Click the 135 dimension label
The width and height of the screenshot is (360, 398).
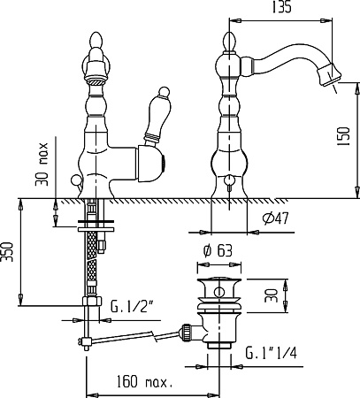pyautogui.click(x=281, y=7)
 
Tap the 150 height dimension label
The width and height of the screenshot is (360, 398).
pyautogui.click(x=343, y=136)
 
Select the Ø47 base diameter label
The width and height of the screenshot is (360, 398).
pyautogui.click(x=276, y=218)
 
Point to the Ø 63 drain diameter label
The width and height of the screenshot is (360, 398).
pyautogui.click(x=218, y=250)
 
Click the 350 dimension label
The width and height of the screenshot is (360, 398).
pyautogui.click(x=7, y=252)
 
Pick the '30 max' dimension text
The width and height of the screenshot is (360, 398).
pyautogui.click(x=42, y=165)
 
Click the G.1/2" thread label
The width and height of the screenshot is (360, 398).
pyautogui.click(x=131, y=307)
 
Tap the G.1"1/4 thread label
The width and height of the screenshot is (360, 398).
pyautogui.click(x=272, y=353)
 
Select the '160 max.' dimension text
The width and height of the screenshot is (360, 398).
pyautogui.click(x=144, y=381)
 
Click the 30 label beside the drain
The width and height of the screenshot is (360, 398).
pyautogui.click(x=271, y=295)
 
